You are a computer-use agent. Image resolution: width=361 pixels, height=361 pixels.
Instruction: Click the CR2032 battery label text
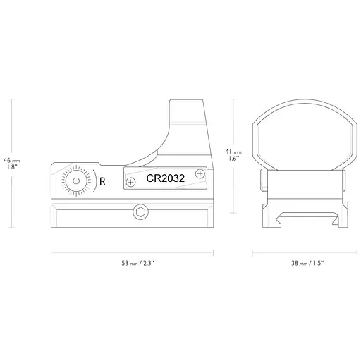click(x=165, y=180)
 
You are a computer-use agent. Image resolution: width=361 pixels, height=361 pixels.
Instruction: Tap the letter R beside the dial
click(x=103, y=181)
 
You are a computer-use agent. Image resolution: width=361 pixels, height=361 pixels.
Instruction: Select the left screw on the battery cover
click(x=130, y=183)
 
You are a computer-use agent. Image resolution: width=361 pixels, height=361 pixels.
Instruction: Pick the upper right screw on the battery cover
click(x=200, y=173)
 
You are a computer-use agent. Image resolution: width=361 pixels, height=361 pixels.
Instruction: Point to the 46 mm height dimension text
click(x=12, y=159)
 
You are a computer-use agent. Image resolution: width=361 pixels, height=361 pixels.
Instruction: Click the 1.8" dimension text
click(x=11, y=167)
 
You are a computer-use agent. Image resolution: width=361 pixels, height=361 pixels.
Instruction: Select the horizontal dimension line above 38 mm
click(x=300, y=250)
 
